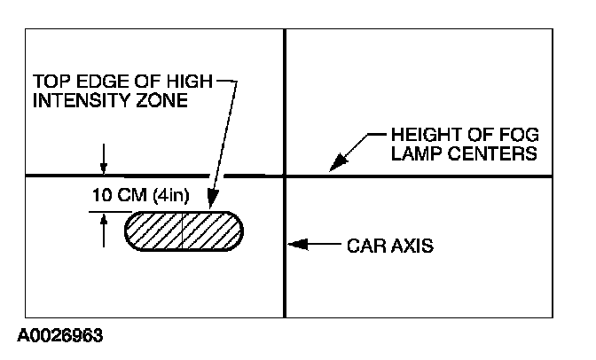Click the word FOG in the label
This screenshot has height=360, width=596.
pyautogui.click(x=515, y=135)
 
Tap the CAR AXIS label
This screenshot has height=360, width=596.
pyautogui.click(x=388, y=246)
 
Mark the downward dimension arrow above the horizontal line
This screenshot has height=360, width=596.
pyautogui.click(x=104, y=167)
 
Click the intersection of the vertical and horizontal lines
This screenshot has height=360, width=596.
pyautogui.click(x=285, y=176)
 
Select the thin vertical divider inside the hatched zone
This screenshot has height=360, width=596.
pyautogui.click(x=183, y=231)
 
